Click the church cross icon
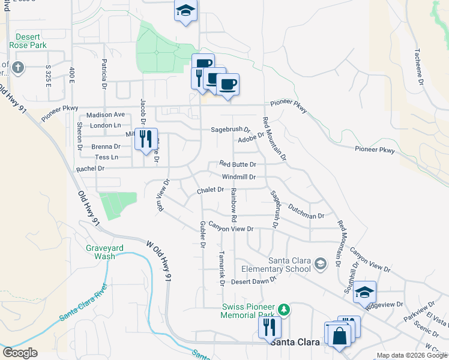(x=17, y=67)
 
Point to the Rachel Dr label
(x=90, y=169)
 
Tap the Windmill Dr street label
(x=239, y=177)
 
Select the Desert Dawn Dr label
(x=253, y=281)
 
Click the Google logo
(x=20, y=352)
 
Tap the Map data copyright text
(x=412, y=356)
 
